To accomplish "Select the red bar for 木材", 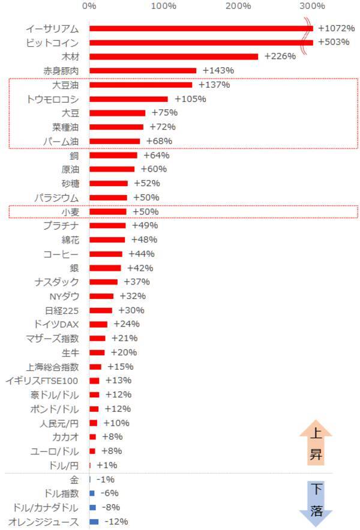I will pos(173,56).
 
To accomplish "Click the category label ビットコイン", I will pos(53,43).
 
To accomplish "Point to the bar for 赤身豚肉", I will pos(143,71).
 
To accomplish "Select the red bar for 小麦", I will pos(108,212).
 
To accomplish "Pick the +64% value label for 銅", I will pos(156,155).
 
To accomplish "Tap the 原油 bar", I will pos(112,169).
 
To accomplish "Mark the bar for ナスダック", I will pos(103,282).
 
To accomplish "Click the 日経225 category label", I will pos(62,310).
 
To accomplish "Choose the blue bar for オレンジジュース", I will pos(94,522).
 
